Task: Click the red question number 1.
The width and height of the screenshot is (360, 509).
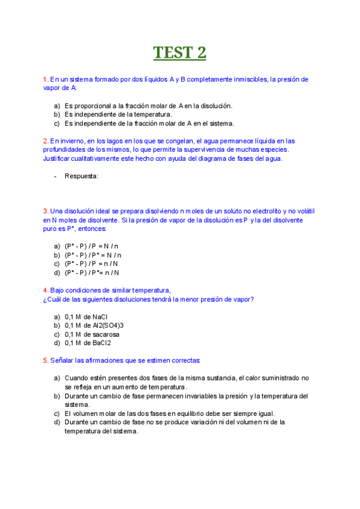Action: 46,79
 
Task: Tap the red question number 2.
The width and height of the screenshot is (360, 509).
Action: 46,141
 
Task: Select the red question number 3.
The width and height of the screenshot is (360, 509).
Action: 46,211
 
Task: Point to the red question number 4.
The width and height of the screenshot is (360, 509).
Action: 46,290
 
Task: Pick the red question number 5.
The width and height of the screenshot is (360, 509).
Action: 46,360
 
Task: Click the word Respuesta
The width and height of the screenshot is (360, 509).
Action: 81,176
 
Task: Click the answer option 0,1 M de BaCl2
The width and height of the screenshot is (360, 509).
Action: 90,343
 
